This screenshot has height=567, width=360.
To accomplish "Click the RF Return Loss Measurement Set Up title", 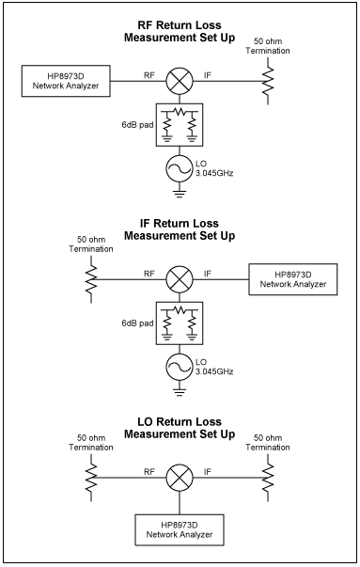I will (179, 30).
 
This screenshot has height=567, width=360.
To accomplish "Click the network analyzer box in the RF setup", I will (65, 80).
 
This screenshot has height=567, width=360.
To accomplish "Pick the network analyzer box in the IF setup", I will (290, 279).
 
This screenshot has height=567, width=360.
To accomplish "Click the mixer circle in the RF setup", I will (179, 80).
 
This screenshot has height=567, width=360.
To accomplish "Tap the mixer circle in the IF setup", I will (179, 279).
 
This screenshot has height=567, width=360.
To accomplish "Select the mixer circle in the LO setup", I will (179, 477).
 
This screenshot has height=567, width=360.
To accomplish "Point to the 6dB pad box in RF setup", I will (179, 123).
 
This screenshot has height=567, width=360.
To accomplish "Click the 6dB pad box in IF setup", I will (179, 323).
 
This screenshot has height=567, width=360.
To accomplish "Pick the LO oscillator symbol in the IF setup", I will (179, 369).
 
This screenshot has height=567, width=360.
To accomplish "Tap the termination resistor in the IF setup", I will (91, 279).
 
